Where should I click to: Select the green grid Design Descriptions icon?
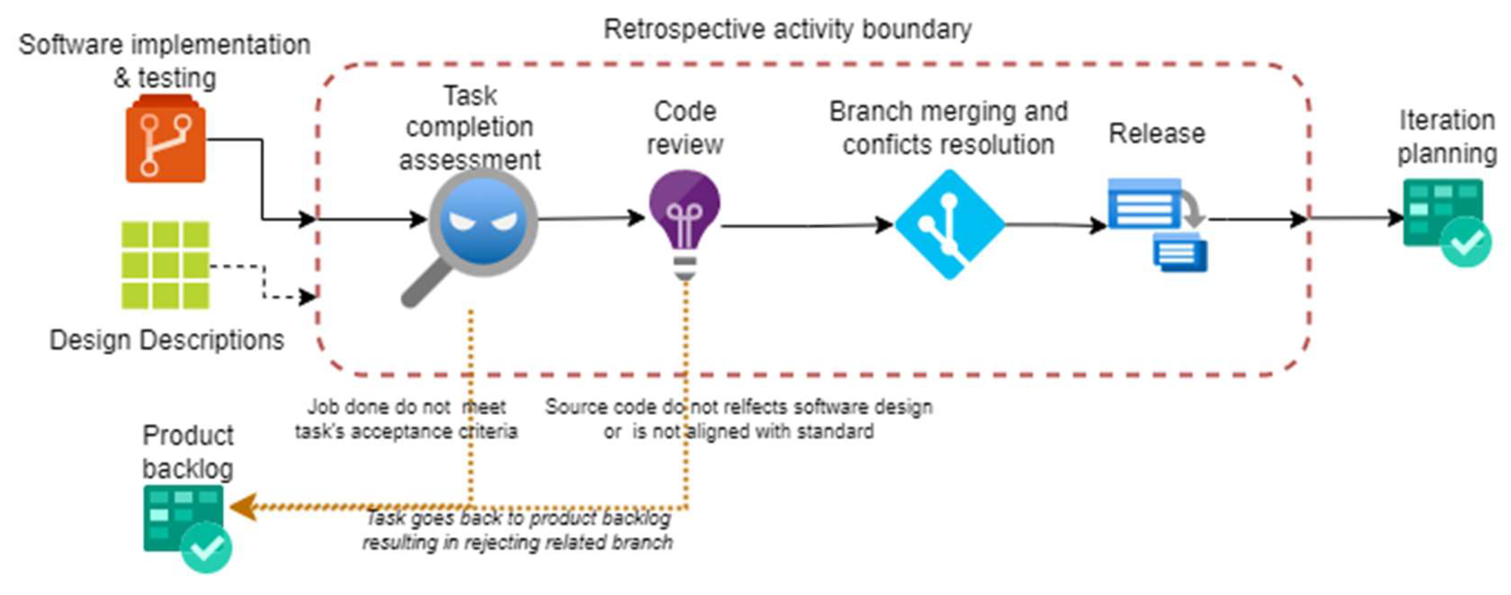tap(165, 265)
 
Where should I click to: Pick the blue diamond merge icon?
tap(950, 224)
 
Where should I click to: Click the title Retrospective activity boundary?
tap(788, 29)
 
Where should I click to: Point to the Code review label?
tap(685, 127)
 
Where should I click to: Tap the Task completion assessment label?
tap(470, 127)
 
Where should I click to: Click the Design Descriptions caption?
tap(167, 340)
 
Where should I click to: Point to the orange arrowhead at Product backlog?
tap(243, 506)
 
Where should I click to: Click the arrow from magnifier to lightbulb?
tap(591, 218)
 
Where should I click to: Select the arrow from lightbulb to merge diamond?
tap(807, 225)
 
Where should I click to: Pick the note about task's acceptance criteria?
tap(406, 419)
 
